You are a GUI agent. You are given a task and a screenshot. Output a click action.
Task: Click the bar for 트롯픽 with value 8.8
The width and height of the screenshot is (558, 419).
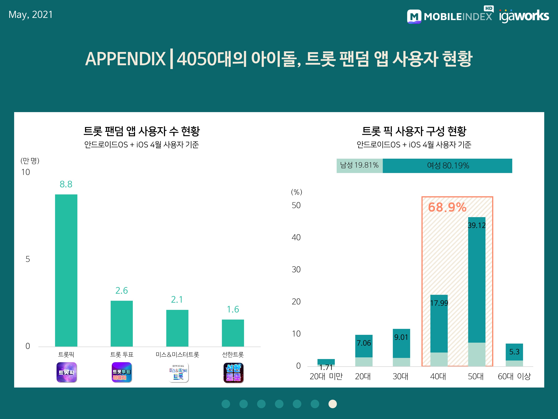click(x=66, y=270)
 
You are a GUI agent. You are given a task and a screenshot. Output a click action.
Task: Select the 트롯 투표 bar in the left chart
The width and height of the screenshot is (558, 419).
click(x=122, y=323)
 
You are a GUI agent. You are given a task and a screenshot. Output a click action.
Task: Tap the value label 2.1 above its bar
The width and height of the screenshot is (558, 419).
click(x=177, y=299)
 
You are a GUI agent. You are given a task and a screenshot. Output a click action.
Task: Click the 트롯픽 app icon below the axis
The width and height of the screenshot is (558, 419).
click(x=66, y=372)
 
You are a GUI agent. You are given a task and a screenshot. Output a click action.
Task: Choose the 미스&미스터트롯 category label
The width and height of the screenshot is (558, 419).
click(x=177, y=355)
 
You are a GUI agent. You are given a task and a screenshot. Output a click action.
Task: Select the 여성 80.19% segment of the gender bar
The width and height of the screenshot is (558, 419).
click(x=448, y=166)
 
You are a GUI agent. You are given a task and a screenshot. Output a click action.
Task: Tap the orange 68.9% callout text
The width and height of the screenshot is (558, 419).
click(x=447, y=207)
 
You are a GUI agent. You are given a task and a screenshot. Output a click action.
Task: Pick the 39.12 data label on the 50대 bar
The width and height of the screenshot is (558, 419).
click(x=477, y=225)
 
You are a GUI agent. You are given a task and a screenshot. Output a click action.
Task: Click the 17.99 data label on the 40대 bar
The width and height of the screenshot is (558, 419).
click(x=439, y=303)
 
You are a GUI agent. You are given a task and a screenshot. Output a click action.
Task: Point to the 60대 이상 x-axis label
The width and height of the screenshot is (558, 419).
click(x=514, y=377)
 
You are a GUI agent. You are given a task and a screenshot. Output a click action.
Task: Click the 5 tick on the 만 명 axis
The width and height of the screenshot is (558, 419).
click(x=28, y=259)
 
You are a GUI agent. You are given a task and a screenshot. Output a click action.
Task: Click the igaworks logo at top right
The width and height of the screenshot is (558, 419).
click(x=524, y=16)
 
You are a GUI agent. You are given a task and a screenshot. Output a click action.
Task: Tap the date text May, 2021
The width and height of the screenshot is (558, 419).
click(x=31, y=15)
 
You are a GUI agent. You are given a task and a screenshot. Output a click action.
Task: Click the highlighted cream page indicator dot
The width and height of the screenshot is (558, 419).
click(x=333, y=404)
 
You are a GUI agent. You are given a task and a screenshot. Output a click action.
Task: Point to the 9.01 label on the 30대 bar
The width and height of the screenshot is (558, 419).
click(x=401, y=337)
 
